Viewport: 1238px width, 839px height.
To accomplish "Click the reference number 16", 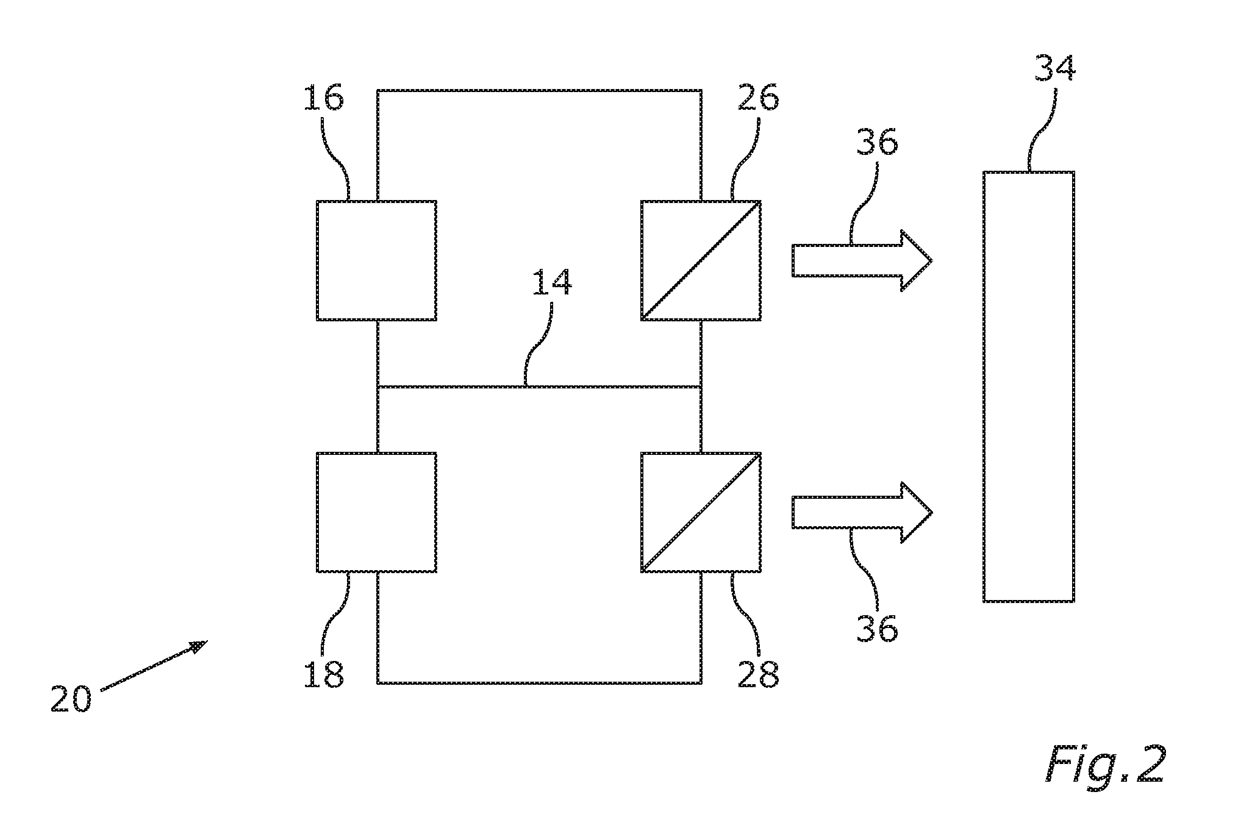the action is pos(323,98).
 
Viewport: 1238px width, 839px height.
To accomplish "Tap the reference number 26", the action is pos(758,98).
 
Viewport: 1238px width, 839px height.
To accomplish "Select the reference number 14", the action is pos(551,282).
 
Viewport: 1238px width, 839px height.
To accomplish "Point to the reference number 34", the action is pos(1054,68).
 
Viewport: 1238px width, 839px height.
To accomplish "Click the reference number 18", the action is pos(324,675).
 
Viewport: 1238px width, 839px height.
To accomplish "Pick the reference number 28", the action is pos(758,675).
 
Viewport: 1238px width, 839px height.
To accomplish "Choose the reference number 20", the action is pos(71,698).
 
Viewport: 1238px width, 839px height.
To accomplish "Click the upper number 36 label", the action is pos(877,143).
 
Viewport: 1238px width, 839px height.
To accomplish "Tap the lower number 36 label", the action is pos(877,628).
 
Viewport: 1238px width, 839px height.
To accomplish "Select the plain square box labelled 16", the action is pos(376,260).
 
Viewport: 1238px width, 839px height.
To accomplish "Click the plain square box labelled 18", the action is pos(376,512).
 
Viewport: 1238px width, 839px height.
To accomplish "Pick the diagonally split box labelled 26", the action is pos(701,260).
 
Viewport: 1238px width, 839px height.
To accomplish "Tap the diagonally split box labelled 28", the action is pos(701,512).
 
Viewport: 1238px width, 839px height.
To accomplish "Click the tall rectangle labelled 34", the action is pos(1029,387).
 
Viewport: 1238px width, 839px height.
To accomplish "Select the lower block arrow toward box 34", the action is pos(862,512).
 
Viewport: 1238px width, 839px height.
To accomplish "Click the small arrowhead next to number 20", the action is pos(199,646).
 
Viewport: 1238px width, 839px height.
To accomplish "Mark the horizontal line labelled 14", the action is pos(539,387).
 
